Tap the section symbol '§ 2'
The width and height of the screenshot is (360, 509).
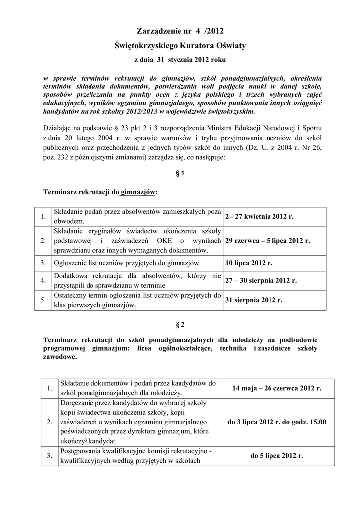(x=180, y=325)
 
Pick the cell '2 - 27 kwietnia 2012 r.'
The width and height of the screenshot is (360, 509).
(x=259, y=217)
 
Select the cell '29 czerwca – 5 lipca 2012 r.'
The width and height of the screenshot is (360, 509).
(x=267, y=241)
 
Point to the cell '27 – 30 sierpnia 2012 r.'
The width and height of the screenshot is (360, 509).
(x=261, y=280)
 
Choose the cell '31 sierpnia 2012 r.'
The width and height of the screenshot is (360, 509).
(x=254, y=300)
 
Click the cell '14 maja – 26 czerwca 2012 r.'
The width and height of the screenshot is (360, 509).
(x=276, y=388)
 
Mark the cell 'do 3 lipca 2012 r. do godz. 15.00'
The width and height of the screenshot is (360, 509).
(x=276, y=422)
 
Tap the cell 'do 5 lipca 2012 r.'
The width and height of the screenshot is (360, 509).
(x=276, y=455)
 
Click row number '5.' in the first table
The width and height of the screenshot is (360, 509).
(x=43, y=300)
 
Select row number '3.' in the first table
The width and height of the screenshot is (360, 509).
(x=43, y=263)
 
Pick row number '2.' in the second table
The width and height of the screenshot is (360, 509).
(x=49, y=422)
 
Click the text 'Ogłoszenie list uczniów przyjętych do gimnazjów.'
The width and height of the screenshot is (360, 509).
(x=127, y=263)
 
